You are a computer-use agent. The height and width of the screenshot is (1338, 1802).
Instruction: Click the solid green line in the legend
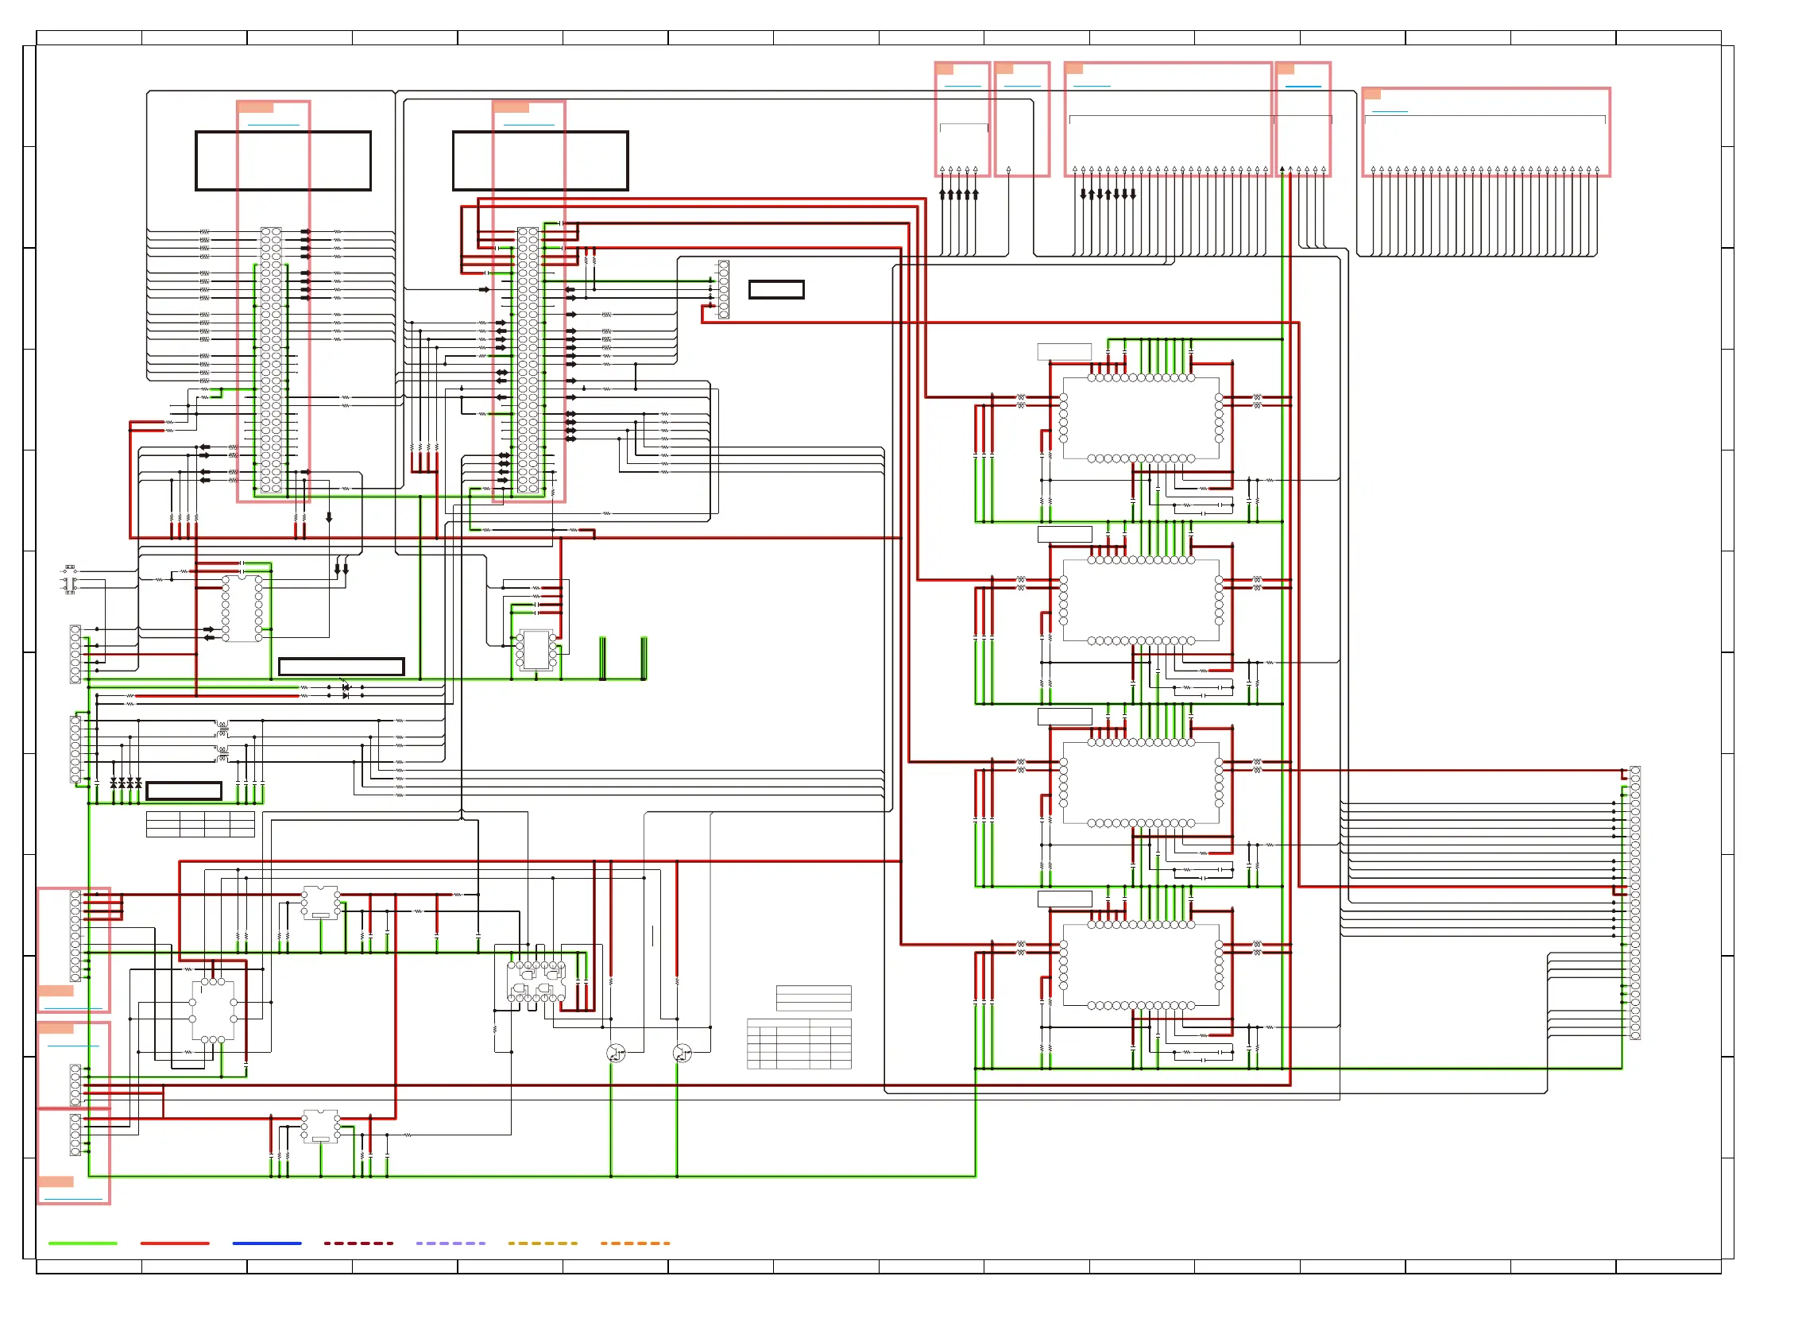[x=83, y=1243]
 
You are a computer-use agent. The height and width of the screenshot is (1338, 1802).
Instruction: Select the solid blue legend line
[x=266, y=1243]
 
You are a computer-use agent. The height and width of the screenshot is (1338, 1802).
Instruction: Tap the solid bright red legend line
[x=174, y=1243]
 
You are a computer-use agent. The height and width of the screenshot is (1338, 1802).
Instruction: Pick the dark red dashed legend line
[x=358, y=1243]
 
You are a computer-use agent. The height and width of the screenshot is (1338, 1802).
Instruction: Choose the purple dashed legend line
[x=450, y=1243]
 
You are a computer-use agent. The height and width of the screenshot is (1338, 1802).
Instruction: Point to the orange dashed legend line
[x=635, y=1243]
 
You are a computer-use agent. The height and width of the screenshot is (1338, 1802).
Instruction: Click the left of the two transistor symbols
[x=616, y=1053]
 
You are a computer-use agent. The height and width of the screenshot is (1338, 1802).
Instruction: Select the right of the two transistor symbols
[x=682, y=1053]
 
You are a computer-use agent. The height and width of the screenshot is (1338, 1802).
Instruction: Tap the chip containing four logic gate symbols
[x=536, y=980]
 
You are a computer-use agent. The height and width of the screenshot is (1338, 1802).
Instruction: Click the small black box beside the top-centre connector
[x=776, y=289]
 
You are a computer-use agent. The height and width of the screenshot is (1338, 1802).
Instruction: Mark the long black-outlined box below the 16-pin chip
[x=341, y=666]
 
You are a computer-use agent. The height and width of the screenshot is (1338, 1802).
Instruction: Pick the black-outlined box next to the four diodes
[x=184, y=791]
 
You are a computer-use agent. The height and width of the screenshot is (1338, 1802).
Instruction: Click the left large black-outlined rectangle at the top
[x=283, y=160]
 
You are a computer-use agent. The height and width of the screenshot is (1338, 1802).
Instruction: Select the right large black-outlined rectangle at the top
[x=540, y=160]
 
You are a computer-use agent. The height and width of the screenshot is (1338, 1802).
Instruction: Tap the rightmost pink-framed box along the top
[x=1485, y=131]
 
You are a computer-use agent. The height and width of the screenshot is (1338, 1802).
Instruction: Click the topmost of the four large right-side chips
[x=1140, y=418]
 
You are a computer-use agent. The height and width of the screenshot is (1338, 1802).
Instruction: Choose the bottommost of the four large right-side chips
[x=1140, y=965]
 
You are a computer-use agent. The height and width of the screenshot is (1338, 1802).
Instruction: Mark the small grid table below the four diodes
[x=200, y=824]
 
